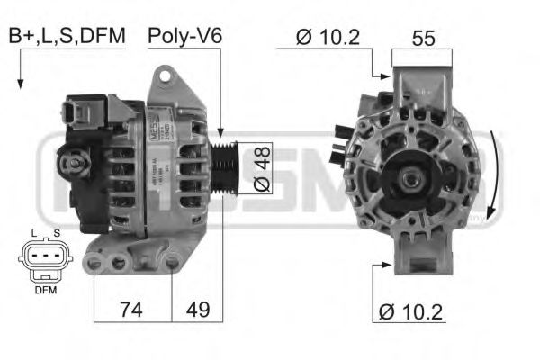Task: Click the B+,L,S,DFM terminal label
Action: pyautogui.click(x=67, y=36)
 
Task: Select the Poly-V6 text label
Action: pyautogui.click(x=184, y=36)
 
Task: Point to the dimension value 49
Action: pyautogui.click(x=198, y=310)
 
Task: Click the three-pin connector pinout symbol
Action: pyautogui.click(x=43, y=261)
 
